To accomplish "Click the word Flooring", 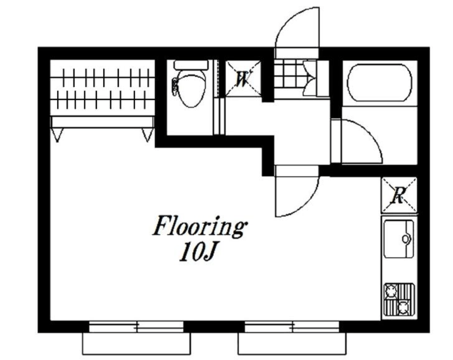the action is pyautogui.click(x=200, y=226).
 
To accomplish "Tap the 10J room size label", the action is pyautogui.click(x=198, y=252).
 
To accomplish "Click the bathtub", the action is pyautogui.click(x=379, y=83).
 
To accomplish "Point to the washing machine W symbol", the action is pyautogui.click(x=243, y=79).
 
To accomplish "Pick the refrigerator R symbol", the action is pyautogui.click(x=399, y=195).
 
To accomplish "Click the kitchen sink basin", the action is pyautogui.click(x=399, y=239).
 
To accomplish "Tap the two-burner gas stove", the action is pyautogui.click(x=399, y=299).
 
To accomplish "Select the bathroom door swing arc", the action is pyautogui.click(x=373, y=133).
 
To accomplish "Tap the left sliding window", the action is pyautogui.click(x=136, y=327).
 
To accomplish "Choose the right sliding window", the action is pyautogui.click(x=292, y=327).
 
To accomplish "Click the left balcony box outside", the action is pyautogui.click(x=137, y=344).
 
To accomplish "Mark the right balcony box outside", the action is pyautogui.click(x=292, y=344).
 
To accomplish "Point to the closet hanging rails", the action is pyautogui.click(x=102, y=88).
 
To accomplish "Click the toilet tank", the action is pyautogui.click(x=191, y=65).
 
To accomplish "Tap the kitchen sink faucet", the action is pyautogui.click(x=406, y=239).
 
